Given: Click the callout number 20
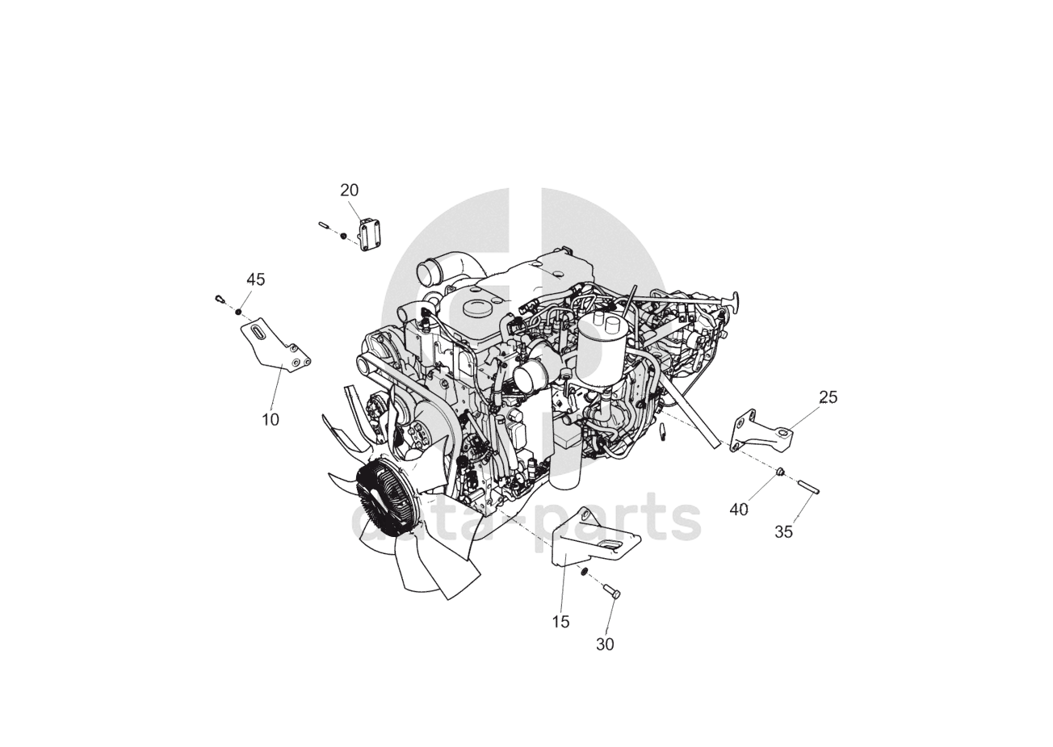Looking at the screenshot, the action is point(350,191).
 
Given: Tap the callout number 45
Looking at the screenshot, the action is point(256,279).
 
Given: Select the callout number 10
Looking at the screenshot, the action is point(271,419).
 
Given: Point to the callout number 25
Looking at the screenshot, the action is point(829,397).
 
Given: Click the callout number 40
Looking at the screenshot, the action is point(739,509).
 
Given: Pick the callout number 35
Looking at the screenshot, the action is point(783,532).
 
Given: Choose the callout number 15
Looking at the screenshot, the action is point(560,622).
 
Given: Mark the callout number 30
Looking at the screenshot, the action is point(605,644).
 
